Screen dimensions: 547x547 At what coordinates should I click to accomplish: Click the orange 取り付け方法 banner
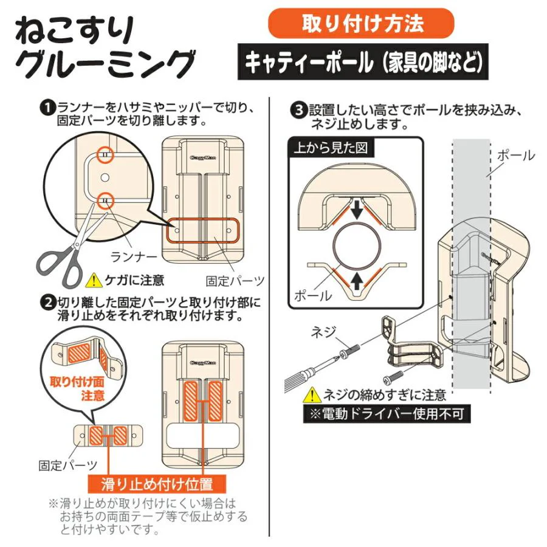click(360, 23)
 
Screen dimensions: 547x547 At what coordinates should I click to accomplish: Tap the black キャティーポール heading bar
click(363, 62)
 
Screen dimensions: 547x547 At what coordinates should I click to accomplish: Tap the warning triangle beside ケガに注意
click(94, 280)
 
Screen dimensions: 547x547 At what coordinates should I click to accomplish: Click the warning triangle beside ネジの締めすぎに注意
click(312, 395)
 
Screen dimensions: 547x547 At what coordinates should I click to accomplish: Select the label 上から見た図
click(331, 148)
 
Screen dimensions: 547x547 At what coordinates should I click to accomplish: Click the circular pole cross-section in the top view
click(356, 246)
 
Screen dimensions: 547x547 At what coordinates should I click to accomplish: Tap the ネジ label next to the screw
click(323, 332)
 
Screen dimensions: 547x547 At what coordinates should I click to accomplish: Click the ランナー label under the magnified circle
click(134, 257)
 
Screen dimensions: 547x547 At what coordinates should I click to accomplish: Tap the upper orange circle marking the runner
click(105, 154)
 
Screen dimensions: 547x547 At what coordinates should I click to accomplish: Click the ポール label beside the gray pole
click(515, 156)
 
